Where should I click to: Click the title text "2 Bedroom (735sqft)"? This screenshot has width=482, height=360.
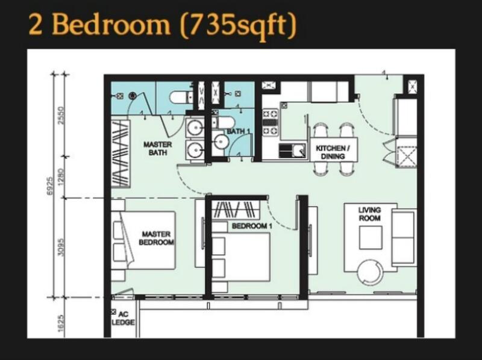163,25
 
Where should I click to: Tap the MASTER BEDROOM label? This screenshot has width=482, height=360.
156,238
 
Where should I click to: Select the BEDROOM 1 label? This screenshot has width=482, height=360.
252,226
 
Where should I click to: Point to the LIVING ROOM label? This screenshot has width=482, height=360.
370,214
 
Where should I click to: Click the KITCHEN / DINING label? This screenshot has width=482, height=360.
333,152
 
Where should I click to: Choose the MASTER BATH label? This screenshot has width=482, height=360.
158,148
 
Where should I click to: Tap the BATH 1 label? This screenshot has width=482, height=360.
239,131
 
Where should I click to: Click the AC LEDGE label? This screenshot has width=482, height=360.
123,318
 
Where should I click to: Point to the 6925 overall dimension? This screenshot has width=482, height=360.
50,186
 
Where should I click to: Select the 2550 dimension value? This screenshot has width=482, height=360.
61,115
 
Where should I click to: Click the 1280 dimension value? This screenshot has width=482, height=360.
61,177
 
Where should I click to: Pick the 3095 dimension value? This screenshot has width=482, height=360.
61,247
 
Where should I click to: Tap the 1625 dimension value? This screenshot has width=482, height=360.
61,323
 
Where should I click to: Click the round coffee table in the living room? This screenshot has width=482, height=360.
371,273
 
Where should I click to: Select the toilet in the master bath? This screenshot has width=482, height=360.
181,98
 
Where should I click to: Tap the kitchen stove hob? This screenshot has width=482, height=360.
270,123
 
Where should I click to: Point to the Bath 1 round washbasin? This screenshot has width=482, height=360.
221,142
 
